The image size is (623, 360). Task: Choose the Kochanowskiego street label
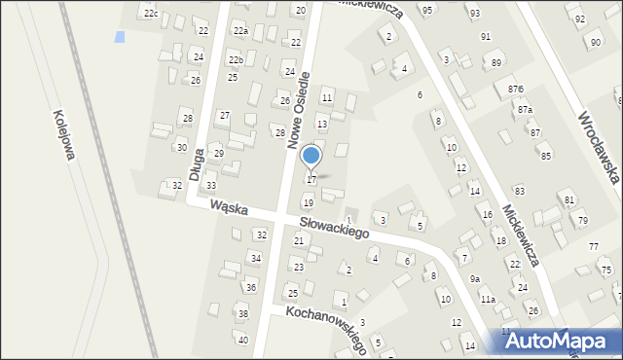click(x=325, y=328)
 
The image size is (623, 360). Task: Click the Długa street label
click(x=197, y=163)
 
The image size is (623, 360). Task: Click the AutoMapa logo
click(x=560, y=341)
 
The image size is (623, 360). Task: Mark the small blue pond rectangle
click(x=120, y=37)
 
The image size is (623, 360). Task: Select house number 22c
click(x=150, y=14)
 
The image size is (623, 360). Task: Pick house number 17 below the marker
click(x=311, y=180)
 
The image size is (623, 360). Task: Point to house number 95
click(x=427, y=10)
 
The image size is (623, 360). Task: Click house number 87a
click(x=526, y=110)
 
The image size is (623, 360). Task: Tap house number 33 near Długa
click(x=210, y=185)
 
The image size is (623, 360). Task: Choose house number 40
click(x=243, y=340)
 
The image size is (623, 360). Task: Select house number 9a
click(x=475, y=279)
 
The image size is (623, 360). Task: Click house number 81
click(x=569, y=199)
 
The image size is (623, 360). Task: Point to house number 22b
click(x=236, y=60)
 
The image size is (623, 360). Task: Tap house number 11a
click(x=488, y=299)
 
